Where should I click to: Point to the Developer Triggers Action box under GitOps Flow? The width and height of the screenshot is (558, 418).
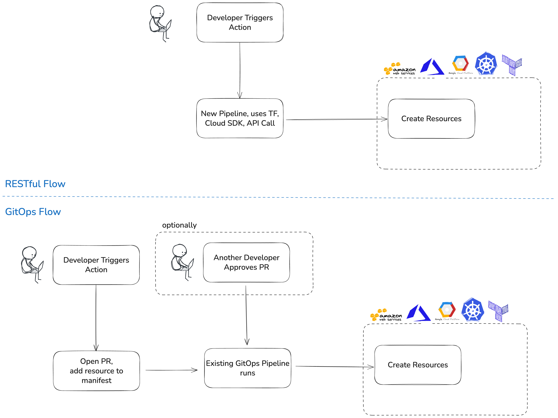[96, 265]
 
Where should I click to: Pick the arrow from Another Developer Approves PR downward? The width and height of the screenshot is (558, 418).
[246, 316]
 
